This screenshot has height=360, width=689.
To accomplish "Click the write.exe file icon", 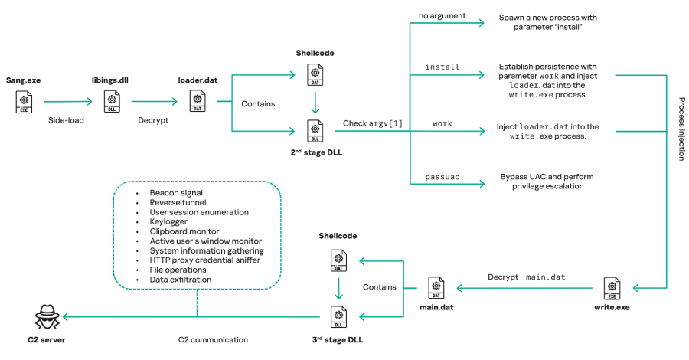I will (x=612, y=288).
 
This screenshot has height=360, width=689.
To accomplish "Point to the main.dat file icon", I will (x=436, y=288).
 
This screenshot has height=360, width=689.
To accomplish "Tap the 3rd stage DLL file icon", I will (x=337, y=316).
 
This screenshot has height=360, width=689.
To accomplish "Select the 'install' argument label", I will (x=442, y=67).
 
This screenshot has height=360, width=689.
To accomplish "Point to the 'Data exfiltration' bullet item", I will (x=181, y=280).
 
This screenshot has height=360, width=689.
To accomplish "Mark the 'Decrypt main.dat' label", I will (x=527, y=277).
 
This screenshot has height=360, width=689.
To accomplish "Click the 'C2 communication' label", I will (x=213, y=339).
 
